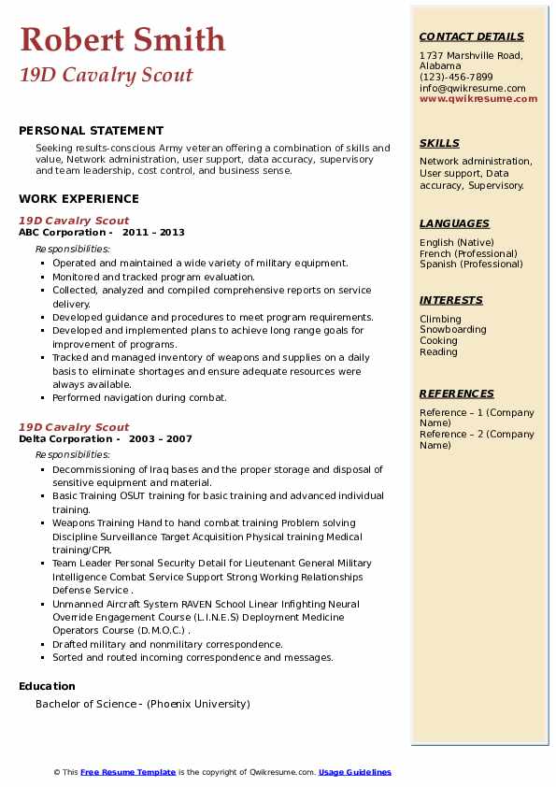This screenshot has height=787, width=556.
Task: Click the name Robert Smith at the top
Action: [122, 39]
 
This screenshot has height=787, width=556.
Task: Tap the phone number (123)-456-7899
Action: [456, 78]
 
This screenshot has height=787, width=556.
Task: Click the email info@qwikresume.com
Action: [473, 88]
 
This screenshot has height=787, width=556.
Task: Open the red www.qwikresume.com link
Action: [478, 98]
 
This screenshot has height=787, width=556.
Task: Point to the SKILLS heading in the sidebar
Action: [439, 143]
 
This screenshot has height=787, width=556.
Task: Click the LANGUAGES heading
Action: [454, 223]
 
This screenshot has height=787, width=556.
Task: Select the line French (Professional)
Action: [469, 253]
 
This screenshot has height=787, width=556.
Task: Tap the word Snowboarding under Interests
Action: [453, 330]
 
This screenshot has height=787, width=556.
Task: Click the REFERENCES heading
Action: [457, 393]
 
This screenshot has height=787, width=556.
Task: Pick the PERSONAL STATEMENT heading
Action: [91, 131]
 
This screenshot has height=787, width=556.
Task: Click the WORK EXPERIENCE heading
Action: [78, 198]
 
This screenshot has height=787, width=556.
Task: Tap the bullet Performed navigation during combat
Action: [139, 397]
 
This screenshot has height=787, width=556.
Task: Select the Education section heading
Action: [48, 686]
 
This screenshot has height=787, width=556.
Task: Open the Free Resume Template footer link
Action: [128, 772]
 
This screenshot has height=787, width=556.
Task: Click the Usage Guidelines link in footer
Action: [355, 772]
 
